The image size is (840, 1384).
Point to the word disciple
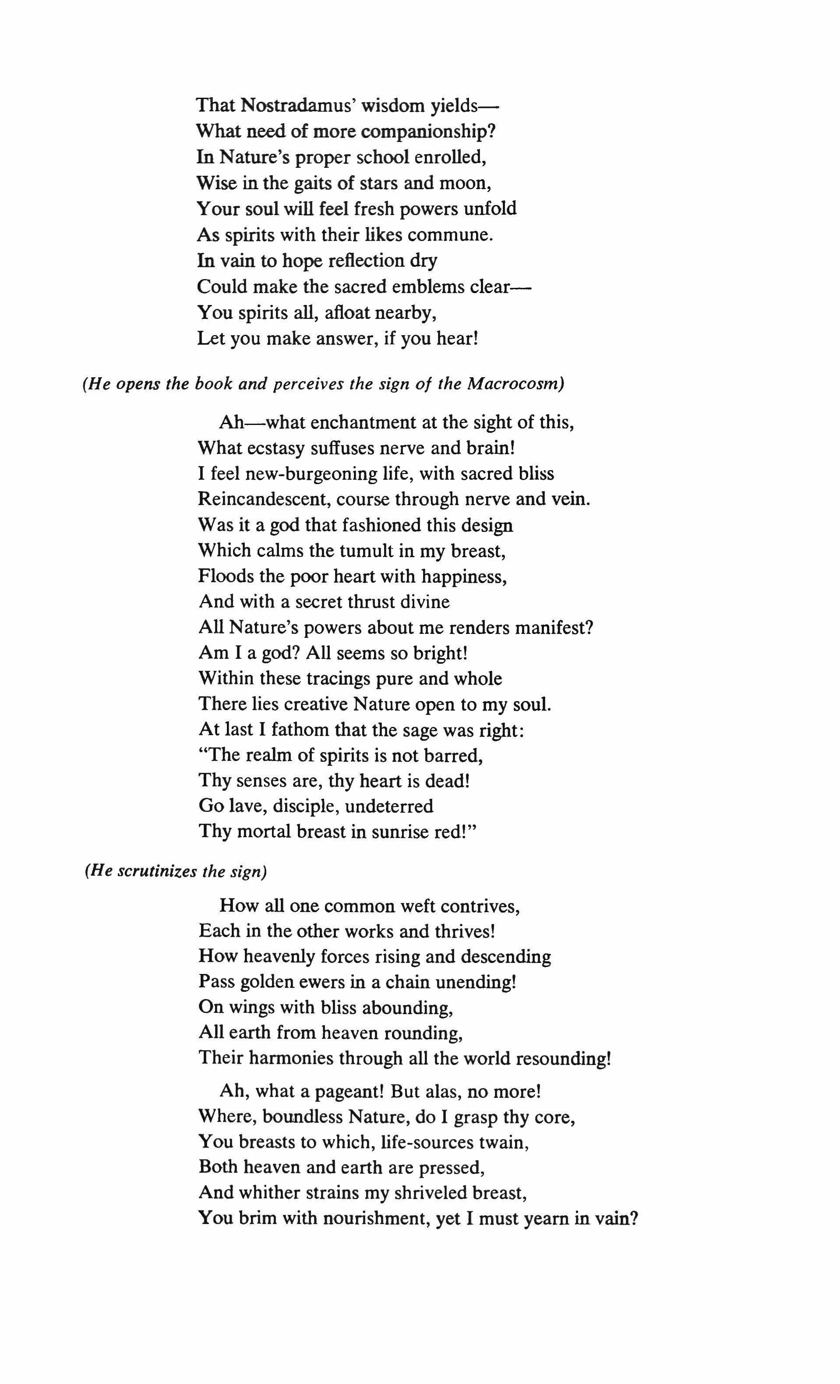point(305,806)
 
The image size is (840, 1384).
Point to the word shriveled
point(426,1193)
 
